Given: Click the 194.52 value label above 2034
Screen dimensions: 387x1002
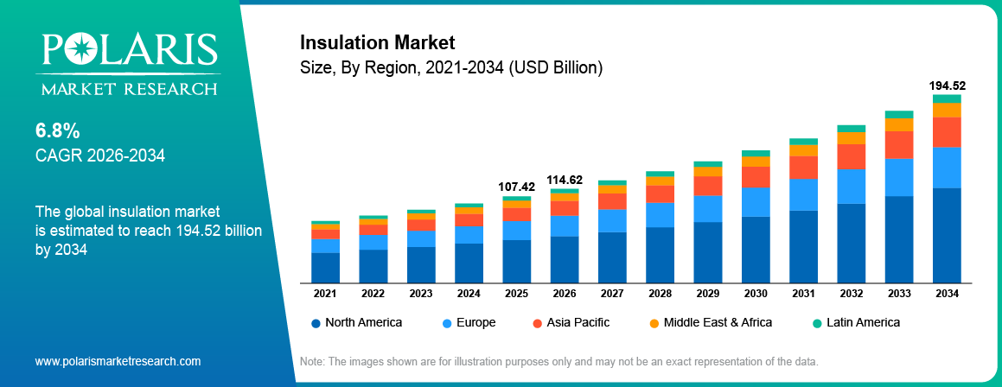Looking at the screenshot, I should (947, 86).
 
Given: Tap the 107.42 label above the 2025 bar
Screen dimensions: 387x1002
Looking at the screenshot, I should (517, 187).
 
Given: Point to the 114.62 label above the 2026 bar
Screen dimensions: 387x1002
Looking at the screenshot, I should (565, 180).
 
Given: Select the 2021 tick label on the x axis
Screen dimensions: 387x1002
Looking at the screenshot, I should (325, 294).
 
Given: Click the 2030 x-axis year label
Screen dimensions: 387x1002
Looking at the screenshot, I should (756, 294).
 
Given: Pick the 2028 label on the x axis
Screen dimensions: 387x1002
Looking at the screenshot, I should (660, 294).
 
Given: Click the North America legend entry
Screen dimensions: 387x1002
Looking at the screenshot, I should (356, 322).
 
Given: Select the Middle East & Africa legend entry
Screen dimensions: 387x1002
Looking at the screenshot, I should (710, 322).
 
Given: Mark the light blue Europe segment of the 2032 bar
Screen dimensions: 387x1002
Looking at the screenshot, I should (851, 186).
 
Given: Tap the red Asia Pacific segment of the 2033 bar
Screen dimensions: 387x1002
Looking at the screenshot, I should (899, 144).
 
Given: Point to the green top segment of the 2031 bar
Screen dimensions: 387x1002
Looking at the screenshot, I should (803, 142).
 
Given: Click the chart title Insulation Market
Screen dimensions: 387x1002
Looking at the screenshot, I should (376, 42).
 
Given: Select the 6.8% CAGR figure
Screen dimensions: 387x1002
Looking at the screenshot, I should (58, 131).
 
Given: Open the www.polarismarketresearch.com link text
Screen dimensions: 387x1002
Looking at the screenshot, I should (118, 361).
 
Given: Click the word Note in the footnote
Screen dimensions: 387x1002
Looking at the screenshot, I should (311, 361).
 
